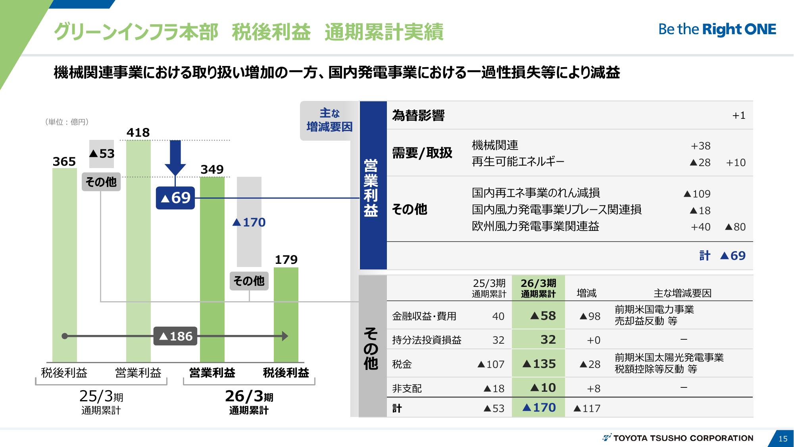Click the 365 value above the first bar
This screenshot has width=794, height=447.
pos(64,162)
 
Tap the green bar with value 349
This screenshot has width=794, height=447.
pos(212,269)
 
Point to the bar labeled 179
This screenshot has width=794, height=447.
pos(286,315)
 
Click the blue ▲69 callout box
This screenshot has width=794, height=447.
pos(175,198)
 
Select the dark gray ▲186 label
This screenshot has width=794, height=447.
pos(175,337)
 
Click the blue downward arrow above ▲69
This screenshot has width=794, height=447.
pos(175,158)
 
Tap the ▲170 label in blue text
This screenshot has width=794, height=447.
pos(249,222)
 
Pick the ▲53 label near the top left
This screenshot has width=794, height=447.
pos(102,153)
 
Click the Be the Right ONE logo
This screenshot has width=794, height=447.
pos(717,29)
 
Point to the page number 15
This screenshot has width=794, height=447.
pos(783,439)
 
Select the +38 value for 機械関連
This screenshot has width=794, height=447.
pos(700,146)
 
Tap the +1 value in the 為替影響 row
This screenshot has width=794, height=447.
pos(739,116)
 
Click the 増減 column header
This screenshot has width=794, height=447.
pos(586,293)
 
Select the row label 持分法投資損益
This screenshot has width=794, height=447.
pos(427,340)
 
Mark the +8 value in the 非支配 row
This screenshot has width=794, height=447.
pos(594,389)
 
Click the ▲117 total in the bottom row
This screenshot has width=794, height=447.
pos(587,408)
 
